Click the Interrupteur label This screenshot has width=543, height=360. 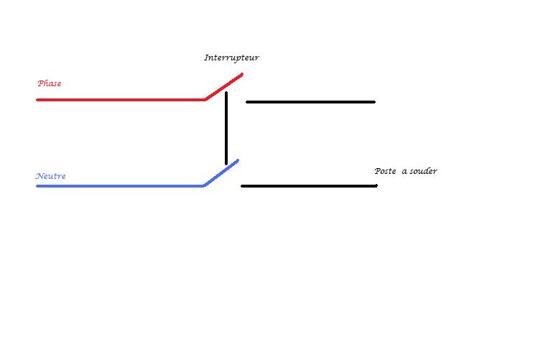click(x=231, y=58)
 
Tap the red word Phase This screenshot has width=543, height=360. click(x=50, y=83)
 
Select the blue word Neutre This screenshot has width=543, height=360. click(x=51, y=176)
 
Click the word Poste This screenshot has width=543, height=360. click(x=386, y=171)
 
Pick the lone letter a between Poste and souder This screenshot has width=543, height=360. click(x=404, y=172)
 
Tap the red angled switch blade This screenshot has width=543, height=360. click(x=224, y=86)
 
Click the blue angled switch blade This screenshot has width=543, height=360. click(x=221, y=172)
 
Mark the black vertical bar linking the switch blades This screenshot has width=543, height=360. click(x=226, y=128)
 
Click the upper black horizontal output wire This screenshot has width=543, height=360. click(x=310, y=102)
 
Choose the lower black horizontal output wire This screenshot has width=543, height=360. click(x=309, y=186)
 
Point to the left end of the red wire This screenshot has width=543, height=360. click(x=38, y=99)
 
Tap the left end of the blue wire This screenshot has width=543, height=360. click(x=38, y=185)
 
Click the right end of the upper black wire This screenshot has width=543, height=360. click(x=373, y=102)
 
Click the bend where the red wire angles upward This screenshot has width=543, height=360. click(x=205, y=99)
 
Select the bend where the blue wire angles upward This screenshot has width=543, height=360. click(x=205, y=185)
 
